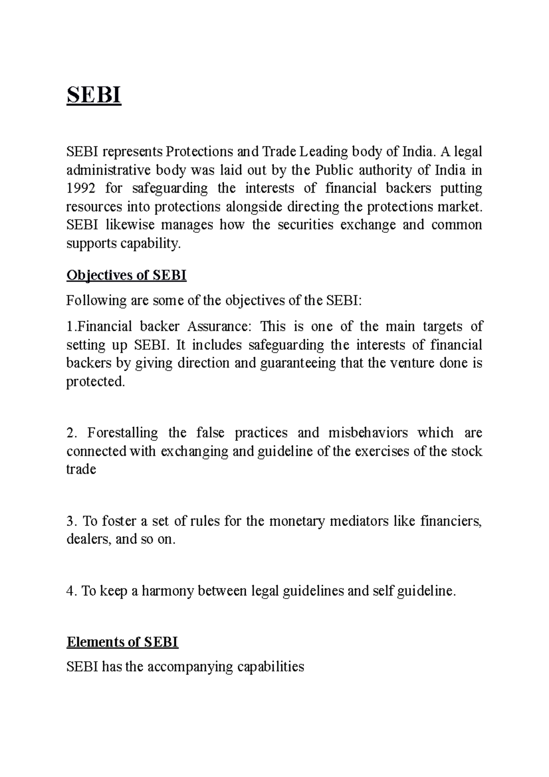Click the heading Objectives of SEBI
pos(126,275)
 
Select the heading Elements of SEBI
pos(122,642)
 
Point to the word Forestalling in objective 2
pos(122,432)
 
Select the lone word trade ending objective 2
pos(81,469)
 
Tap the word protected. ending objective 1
pos(95,382)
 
